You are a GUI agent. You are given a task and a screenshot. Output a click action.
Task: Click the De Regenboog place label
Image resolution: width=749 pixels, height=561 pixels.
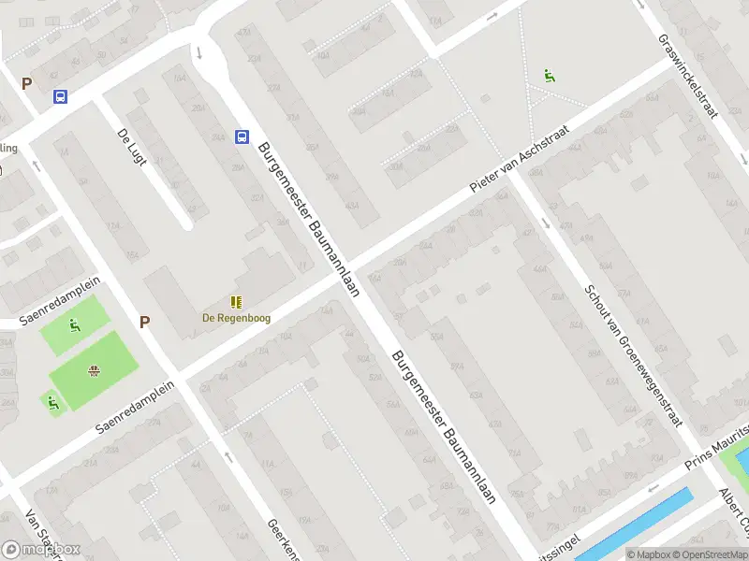click(x=237, y=318)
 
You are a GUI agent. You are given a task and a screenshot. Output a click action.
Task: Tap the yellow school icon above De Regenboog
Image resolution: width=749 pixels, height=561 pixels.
click(x=236, y=302)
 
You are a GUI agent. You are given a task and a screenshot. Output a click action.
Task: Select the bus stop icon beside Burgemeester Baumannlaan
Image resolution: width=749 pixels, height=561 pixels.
click(x=242, y=137)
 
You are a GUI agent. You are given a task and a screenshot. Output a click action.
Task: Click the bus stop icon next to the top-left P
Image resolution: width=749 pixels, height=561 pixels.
click(x=60, y=96)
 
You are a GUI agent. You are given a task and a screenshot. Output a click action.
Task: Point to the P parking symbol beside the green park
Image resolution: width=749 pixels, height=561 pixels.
click(x=144, y=323)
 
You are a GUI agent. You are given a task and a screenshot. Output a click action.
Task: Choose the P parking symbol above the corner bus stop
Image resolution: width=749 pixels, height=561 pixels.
click(x=26, y=83)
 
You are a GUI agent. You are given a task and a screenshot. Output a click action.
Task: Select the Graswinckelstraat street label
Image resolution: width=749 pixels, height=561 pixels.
click(x=687, y=78)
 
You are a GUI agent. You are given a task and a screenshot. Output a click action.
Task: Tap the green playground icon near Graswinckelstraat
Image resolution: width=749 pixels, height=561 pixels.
click(x=549, y=76)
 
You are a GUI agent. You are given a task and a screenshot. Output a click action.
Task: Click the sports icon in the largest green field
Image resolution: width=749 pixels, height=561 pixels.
click(x=94, y=371)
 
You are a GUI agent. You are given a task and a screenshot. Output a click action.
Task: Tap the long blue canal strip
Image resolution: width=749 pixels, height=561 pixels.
click(x=637, y=525)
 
